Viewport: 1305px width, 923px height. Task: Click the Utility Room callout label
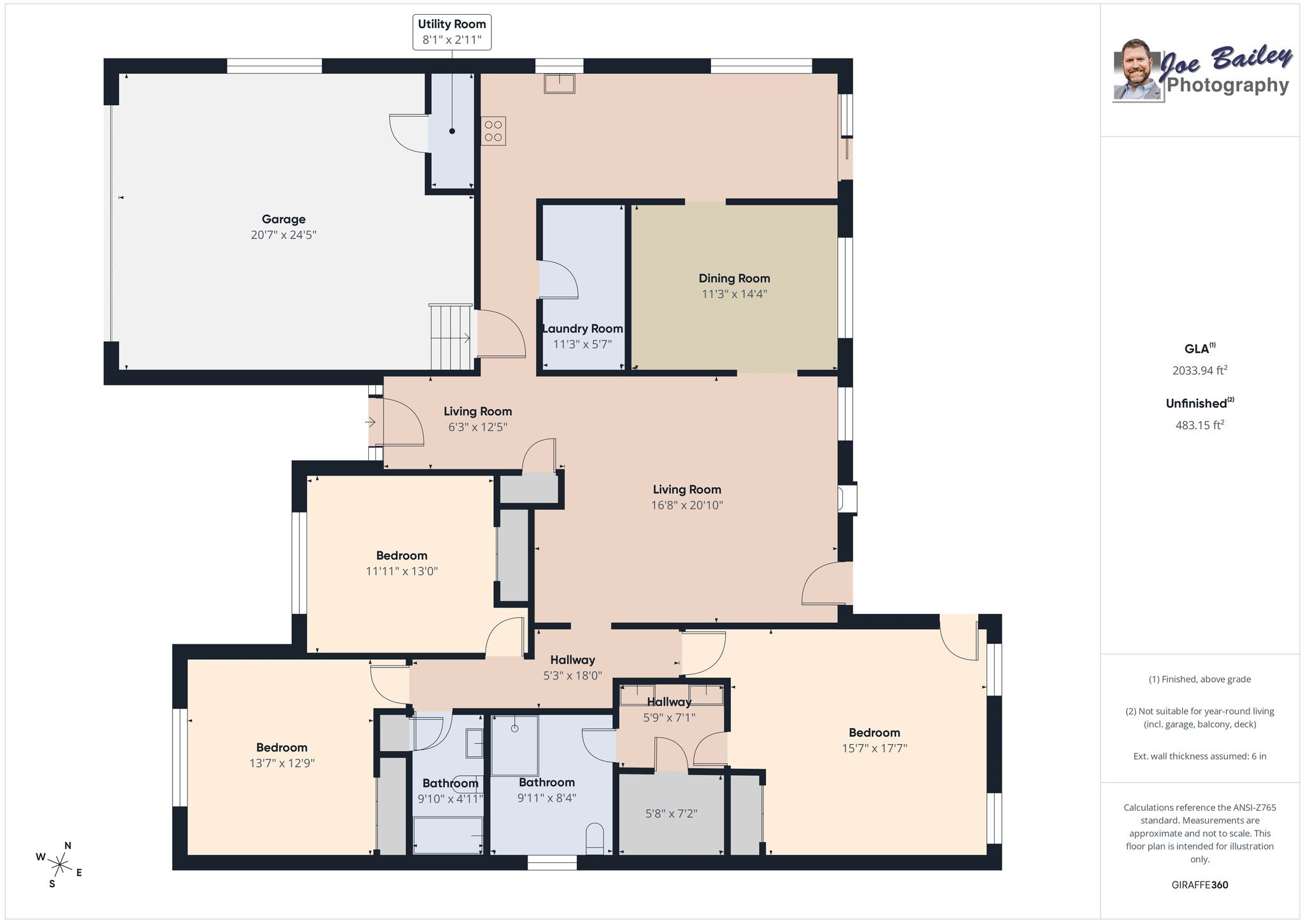pos(452,32)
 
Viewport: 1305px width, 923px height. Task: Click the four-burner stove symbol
pos(493,131)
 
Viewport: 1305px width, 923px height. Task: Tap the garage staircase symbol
pos(451,337)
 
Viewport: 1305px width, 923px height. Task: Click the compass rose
pos(60,865)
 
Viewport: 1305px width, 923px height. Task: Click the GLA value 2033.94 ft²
pos(1200,370)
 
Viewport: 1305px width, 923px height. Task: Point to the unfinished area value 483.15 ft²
pos(1200,425)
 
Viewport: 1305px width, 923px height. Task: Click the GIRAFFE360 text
pos(1200,885)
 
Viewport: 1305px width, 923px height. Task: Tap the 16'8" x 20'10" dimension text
pos(687,505)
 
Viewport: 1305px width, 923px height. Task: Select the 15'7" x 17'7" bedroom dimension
pos(874,748)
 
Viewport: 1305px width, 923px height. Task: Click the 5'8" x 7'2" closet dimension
pos(671,813)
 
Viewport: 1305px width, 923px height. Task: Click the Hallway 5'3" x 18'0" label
pos(572,667)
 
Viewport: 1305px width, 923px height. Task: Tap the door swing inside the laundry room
pos(558,279)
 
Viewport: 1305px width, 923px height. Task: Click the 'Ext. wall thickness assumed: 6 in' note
pos(1200,757)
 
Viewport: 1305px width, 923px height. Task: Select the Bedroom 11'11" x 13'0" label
pos(401,563)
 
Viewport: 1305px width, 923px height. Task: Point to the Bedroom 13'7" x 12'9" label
pos(282,755)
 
